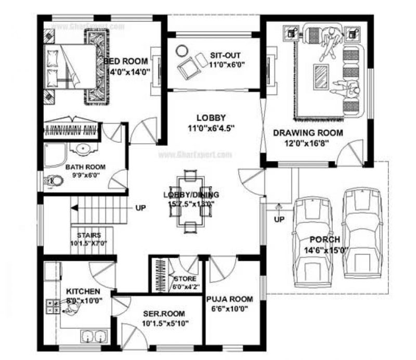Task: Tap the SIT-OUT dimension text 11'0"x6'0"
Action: [x=227, y=65]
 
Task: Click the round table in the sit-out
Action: [x=181, y=51]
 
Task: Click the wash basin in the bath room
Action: [x=83, y=150]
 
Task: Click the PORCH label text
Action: [x=324, y=240]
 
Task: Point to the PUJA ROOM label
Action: [x=229, y=299]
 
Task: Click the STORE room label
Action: [x=185, y=278]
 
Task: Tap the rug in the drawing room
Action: [x=322, y=76]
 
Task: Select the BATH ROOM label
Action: [x=85, y=167]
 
